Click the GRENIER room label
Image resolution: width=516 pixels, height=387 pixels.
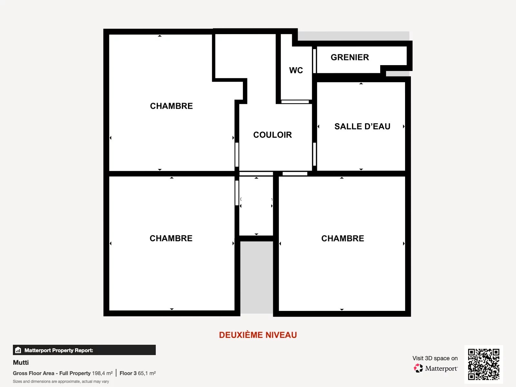350,57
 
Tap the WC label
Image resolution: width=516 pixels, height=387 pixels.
296,70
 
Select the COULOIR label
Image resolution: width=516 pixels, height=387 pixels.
273,135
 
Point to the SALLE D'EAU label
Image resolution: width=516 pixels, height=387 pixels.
362,126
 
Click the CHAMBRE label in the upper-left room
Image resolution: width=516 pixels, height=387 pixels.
171,106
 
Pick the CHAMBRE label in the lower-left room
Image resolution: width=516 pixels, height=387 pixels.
171,238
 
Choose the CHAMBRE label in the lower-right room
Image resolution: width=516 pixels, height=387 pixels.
342,238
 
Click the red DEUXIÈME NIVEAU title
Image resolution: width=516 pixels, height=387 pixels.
258,335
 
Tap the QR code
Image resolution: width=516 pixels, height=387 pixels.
483,364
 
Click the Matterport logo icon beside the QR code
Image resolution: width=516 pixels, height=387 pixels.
418,368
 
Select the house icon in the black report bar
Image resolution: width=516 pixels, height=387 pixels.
18,350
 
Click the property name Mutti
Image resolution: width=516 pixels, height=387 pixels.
21,362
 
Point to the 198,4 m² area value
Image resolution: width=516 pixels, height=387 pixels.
102,373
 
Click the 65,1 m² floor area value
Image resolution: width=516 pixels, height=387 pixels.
147,373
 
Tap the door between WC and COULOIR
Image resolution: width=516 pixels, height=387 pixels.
295,102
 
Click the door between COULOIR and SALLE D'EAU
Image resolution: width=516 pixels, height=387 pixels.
314,154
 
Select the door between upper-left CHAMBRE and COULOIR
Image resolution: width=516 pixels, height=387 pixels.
237,154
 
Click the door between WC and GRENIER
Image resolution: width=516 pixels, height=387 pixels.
314,61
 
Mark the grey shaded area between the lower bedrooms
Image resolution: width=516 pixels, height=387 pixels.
256,277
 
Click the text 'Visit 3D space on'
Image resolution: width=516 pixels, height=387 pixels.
435,358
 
